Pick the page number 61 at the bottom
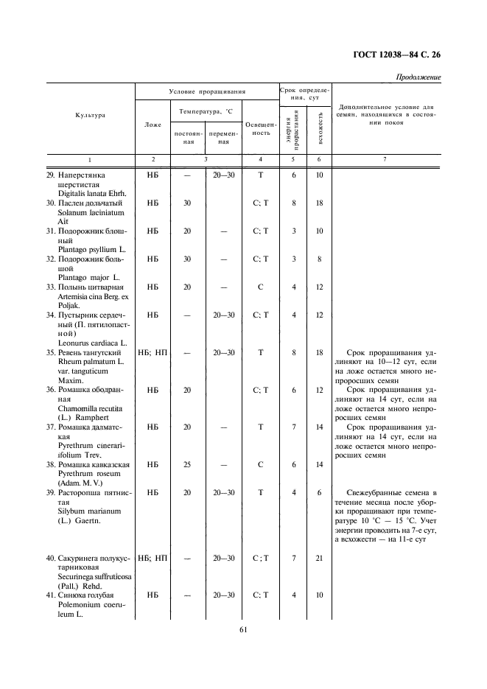tap(243, 629)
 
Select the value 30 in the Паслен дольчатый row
tap(187, 203)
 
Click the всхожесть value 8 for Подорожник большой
tap(319, 259)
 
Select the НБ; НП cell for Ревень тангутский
tap(153, 352)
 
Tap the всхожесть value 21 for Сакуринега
tap(319, 559)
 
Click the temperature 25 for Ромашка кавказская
tap(187, 465)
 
